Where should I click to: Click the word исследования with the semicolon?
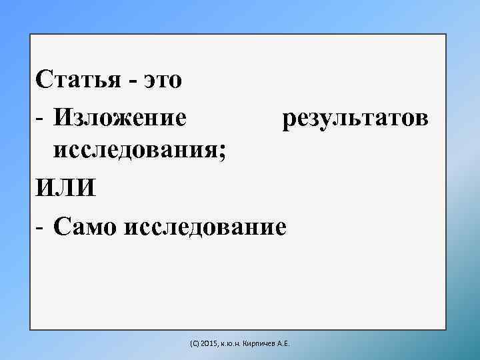click(139, 151)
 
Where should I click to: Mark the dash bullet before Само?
click(41, 227)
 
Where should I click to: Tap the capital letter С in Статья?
click(44, 80)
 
